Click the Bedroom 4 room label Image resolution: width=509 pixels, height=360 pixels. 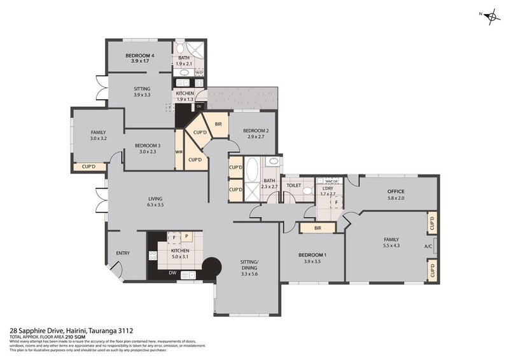(140, 55)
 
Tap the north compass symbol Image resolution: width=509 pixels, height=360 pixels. (491, 17)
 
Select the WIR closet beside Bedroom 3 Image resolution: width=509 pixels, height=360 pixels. (179, 152)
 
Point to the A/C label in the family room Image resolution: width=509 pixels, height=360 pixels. (428, 247)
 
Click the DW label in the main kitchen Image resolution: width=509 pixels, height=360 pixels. (172, 273)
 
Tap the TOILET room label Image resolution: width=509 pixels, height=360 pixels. (293, 186)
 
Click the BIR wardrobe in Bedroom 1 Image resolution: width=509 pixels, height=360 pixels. (316, 227)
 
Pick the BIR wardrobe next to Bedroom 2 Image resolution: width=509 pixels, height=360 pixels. (218, 124)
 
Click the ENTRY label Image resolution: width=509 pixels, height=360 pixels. (123, 253)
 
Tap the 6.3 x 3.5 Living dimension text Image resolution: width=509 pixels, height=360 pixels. (155, 205)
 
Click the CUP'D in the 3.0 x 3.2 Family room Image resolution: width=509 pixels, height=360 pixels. (85, 167)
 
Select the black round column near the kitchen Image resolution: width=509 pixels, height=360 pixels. (211, 266)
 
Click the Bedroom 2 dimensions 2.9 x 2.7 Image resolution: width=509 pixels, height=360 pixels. (254, 137)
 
